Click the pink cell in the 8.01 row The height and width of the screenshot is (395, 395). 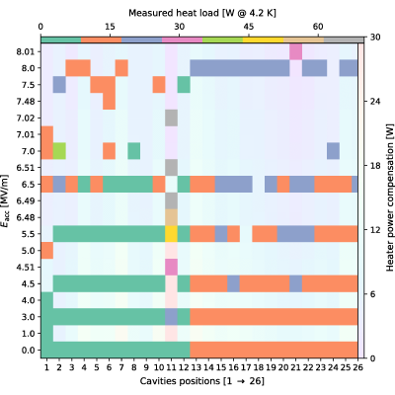tap(295, 51)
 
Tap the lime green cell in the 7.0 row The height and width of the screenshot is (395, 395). tap(59, 151)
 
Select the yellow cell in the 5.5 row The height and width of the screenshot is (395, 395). tap(171, 234)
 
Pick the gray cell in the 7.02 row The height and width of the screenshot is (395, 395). tap(171, 118)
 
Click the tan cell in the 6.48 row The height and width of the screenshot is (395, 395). tap(171, 217)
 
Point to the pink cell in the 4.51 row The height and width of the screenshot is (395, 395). tap(171, 267)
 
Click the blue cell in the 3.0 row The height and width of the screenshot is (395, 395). tap(171, 317)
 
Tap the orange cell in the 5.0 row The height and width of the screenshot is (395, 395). tap(47, 251)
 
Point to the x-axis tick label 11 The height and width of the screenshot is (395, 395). tap(171, 367)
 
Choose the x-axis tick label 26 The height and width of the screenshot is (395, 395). tap(357, 367)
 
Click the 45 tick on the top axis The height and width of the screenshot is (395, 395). tap(249, 27)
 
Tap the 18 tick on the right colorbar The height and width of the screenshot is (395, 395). tap(373, 166)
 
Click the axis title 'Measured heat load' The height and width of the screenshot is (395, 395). tap(174, 13)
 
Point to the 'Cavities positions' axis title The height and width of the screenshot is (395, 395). tap(181, 381)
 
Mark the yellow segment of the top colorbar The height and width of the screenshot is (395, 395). tap(264, 39)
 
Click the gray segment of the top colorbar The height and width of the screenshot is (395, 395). tap(344, 39)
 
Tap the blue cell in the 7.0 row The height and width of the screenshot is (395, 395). tap(333, 151)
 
